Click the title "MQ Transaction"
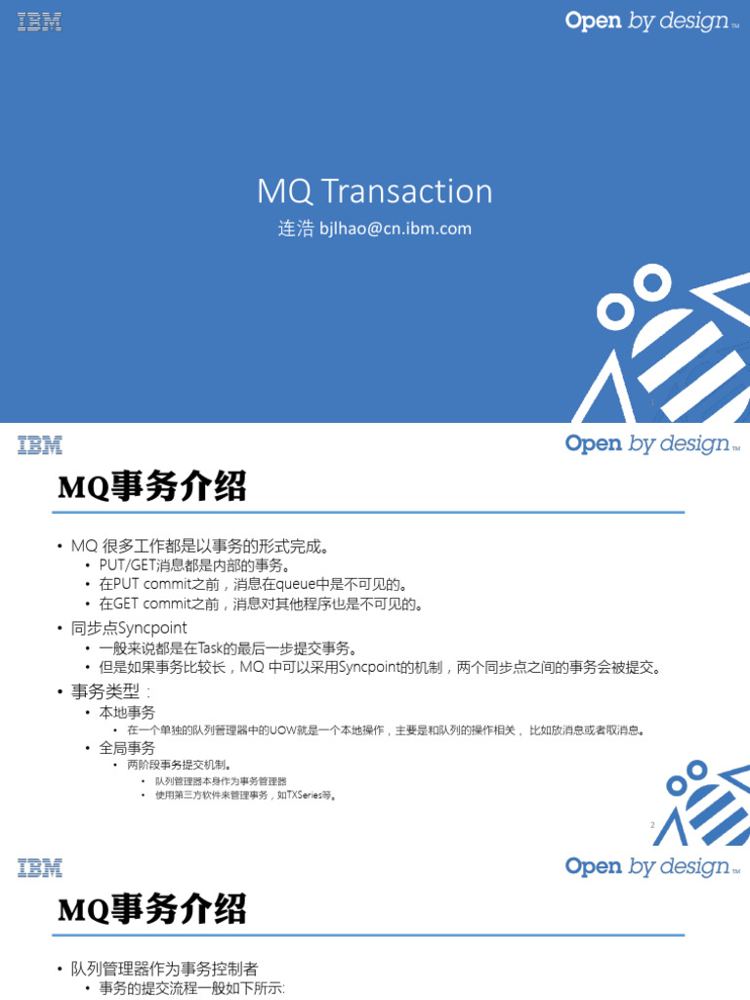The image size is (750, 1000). coord(374,191)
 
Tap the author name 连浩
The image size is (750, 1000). coord(296,229)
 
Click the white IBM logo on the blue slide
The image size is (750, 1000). coord(39,21)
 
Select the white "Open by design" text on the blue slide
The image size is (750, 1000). coord(647,21)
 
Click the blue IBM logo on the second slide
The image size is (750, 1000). coord(39,445)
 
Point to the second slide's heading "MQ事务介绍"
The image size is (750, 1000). coord(151,485)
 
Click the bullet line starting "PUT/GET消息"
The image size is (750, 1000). coord(195,564)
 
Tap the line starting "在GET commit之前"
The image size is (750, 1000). coord(261,604)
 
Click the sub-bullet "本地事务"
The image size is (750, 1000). coord(127,713)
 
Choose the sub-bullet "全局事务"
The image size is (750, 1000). coord(127,748)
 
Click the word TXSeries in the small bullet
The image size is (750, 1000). coord(304,796)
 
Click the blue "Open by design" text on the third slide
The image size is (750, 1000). coord(647,866)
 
